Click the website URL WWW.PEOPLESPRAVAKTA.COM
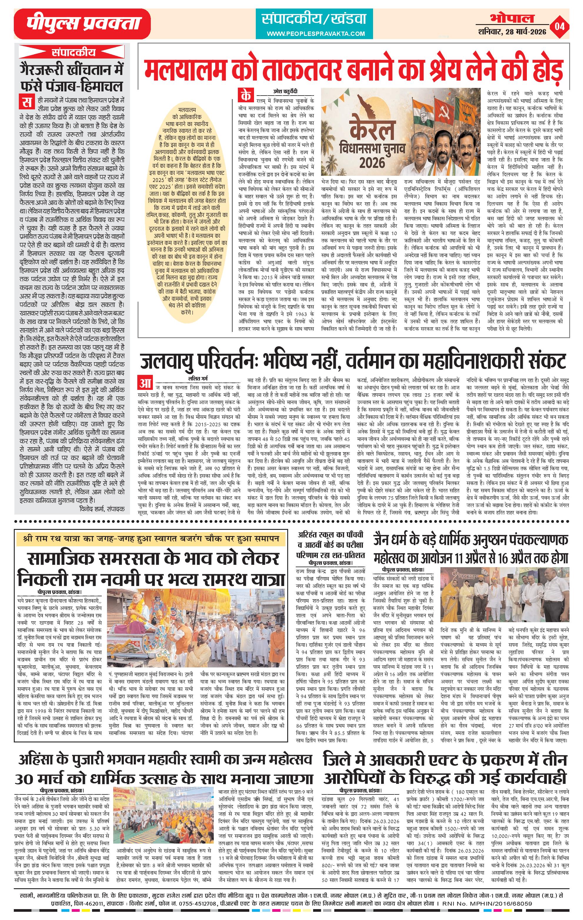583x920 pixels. [315, 34]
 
